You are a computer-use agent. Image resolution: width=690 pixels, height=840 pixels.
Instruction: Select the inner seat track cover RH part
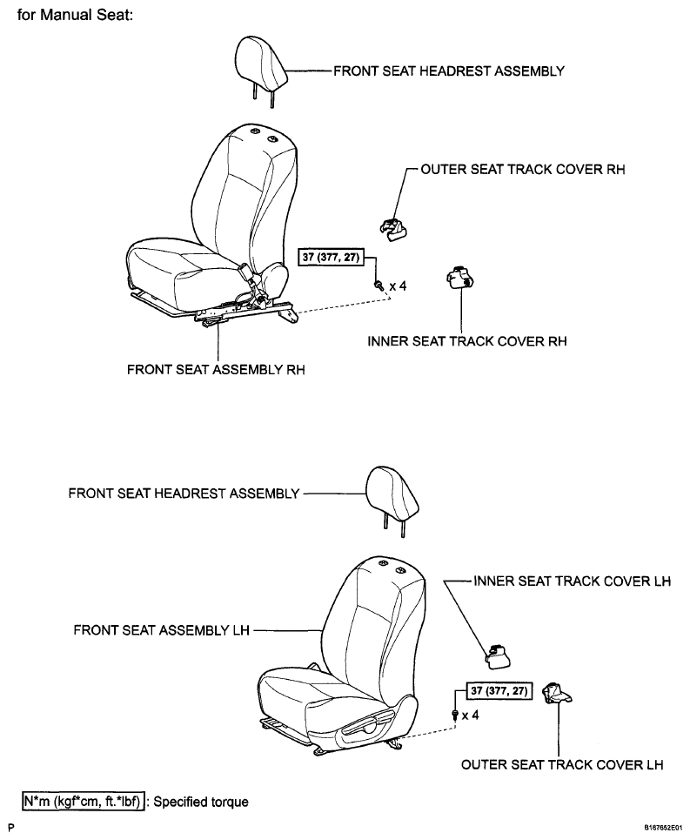pos(460,278)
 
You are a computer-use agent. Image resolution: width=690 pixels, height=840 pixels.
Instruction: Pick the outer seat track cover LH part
pos(557,693)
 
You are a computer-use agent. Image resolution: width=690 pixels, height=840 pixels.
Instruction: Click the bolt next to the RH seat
pos(379,285)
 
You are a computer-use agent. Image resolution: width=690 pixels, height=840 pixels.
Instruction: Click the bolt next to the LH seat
pos(455,715)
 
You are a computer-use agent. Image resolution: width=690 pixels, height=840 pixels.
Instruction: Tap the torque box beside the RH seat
pos(331,257)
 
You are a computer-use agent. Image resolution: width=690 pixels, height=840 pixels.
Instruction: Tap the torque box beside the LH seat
pos(499,690)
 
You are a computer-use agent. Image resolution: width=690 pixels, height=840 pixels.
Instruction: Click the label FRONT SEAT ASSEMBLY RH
pos(216,370)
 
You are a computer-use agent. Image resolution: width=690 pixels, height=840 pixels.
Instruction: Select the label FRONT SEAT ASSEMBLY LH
pos(161,630)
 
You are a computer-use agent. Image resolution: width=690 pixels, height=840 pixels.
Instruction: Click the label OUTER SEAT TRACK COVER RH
pos(522,169)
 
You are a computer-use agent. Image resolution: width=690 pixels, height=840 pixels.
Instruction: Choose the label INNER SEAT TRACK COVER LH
pos(572,581)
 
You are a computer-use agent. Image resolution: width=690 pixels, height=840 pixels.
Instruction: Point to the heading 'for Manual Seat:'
pos(75,15)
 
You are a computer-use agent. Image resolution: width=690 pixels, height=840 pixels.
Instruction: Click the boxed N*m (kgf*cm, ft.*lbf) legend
pos(84,802)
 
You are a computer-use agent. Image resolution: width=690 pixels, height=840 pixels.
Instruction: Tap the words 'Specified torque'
pos(201,802)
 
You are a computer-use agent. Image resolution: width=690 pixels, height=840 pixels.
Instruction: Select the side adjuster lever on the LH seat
pos(368,722)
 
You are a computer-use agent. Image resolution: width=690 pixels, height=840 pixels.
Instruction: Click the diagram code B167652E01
pos(663,828)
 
